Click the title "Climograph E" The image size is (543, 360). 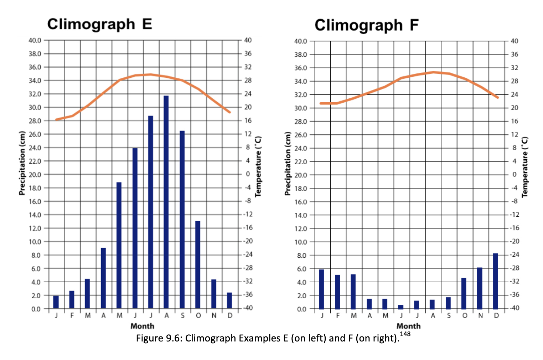pos(99,24)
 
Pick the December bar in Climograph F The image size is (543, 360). pos(495,281)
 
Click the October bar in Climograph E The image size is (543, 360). pos(198,264)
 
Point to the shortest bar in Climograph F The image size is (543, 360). pos(400,307)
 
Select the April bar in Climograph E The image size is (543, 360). pos(103,278)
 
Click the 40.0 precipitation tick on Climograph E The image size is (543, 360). pos(35,40)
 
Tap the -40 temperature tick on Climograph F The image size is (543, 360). pos(514,308)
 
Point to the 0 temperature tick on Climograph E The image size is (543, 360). pos(248,174)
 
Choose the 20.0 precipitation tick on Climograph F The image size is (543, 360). pos(300,175)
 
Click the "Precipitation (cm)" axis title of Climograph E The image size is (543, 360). pos(22,163)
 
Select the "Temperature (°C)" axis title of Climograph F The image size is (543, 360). pos(524,167)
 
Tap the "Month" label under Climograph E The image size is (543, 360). pos(142,326)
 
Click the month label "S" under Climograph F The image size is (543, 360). pos(449,316)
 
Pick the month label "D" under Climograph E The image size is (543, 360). pos(230,315)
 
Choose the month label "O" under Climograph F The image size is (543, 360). pos(464,316)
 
